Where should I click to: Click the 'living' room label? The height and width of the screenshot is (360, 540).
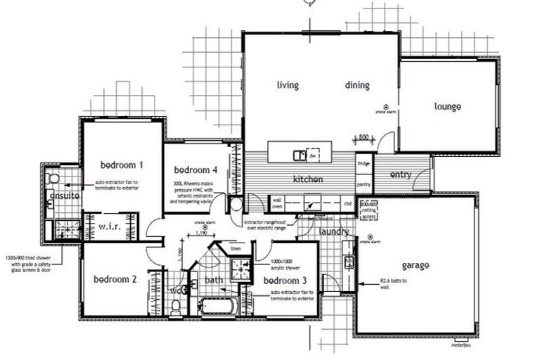tap(288, 85)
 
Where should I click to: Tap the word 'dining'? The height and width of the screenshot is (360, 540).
tap(357, 85)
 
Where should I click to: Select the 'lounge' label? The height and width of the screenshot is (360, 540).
tap(447, 107)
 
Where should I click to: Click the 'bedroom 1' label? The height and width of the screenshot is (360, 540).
tap(122, 165)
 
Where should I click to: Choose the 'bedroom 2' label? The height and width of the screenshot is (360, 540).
tap(115, 278)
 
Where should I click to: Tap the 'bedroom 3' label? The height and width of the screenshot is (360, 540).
tap(285, 281)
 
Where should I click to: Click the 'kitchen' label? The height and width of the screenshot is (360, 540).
tap(307, 179)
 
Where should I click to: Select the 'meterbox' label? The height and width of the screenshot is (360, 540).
tap(460, 345)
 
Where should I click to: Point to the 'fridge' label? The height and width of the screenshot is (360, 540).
tap(364, 164)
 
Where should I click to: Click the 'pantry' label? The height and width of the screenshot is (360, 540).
tap(364, 184)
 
